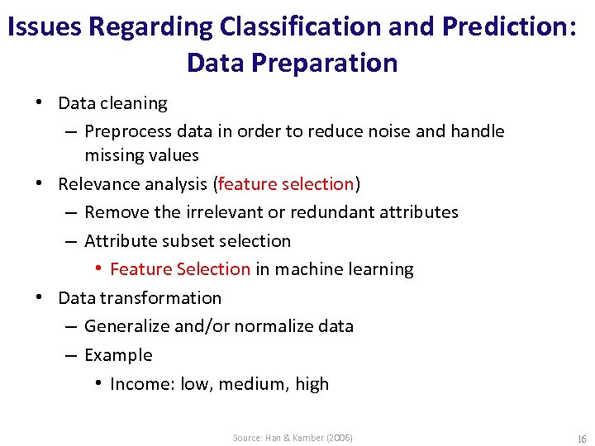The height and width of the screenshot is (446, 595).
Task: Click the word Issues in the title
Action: tap(44, 27)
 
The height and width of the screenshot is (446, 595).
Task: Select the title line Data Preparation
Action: tap(293, 63)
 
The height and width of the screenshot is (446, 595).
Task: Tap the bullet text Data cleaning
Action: tap(112, 103)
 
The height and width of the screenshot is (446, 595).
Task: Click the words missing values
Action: tap(141, 155)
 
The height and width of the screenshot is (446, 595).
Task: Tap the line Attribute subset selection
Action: tap(188, 241)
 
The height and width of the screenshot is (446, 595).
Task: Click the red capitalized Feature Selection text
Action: tap(179, 269)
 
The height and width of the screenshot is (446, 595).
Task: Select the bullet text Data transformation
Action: tap(140, 298)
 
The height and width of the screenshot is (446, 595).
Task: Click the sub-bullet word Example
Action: tap(118, 355)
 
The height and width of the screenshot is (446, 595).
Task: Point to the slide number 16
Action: tap(581, 438)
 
